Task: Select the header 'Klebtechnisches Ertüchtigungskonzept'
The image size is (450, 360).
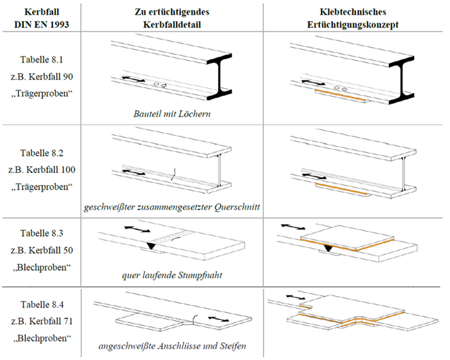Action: (353, 18)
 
